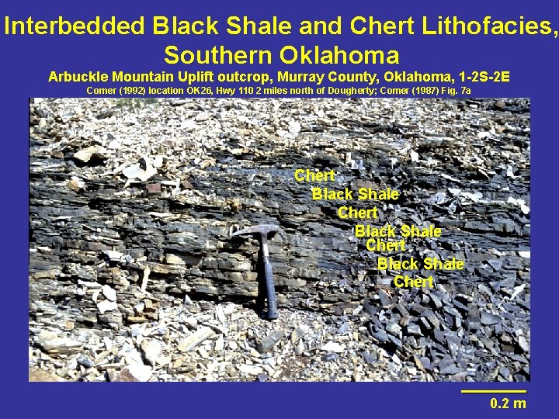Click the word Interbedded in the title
[75, 26]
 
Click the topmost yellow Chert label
[314, 176]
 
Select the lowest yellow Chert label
[413, 282]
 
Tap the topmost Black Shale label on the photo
[355, 194]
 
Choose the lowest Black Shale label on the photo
[420, 264]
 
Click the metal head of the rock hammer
[257, 230]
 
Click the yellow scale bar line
[494, 391]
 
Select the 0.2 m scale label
[508, 403]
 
